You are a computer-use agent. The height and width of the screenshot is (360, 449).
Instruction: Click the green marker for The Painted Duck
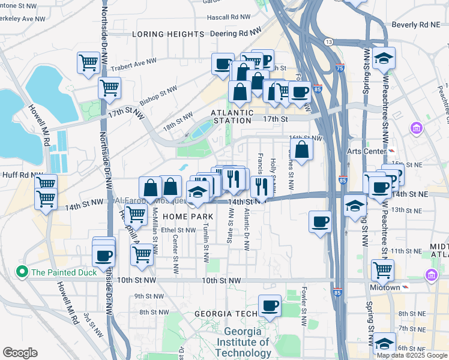[23, 272]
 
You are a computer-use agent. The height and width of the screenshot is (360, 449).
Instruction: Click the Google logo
[20, 353]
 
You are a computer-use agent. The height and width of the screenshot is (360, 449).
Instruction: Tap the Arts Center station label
[370, 150]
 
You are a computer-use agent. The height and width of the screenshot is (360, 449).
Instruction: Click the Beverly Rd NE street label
[415, 25]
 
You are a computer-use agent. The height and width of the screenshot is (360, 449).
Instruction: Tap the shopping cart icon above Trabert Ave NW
[88, 62]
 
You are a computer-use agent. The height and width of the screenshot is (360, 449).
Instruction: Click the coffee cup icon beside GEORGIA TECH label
[270, 306]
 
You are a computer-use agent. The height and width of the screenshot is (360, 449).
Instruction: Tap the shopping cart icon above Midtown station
[382, 270]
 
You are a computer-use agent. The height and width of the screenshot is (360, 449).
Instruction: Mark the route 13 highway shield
[329, 41]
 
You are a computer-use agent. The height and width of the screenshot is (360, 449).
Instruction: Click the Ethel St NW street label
[176, 230]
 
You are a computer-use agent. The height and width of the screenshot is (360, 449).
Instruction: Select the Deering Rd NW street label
[237, 32]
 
